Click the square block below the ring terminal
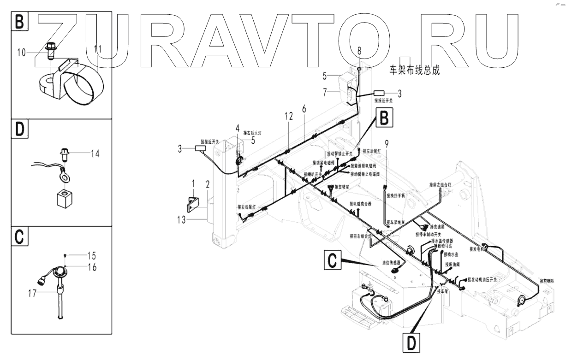[64, 200]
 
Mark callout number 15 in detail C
[92, 255]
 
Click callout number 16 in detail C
[92, 267]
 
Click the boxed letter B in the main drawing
[384, 118]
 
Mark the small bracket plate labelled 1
[192, 204]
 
